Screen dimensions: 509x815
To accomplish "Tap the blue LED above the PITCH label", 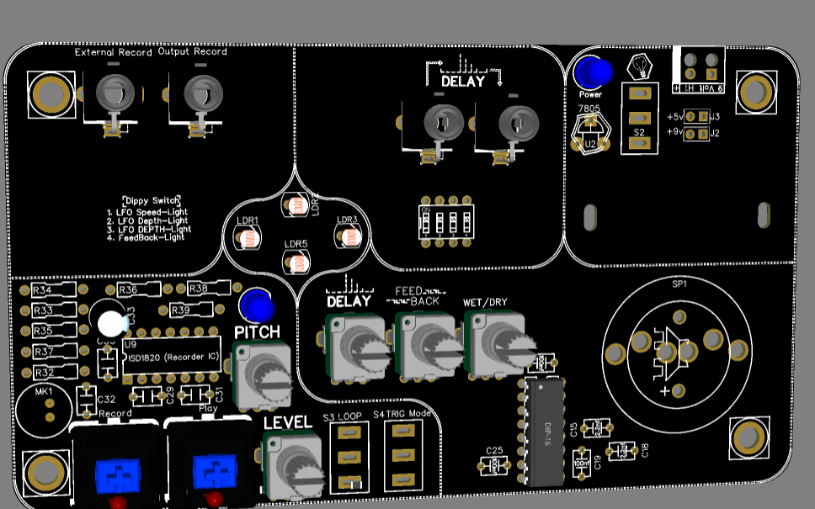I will pyautogui.click(x=256, y=305).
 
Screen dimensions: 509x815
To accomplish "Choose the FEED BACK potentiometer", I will pyautogui.click(x=428, y=347).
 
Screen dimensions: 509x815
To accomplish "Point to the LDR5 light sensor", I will pyautogui.click(x=296, y=263).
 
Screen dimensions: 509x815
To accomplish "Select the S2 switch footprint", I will pyautogui.click(x=639, y=118).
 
